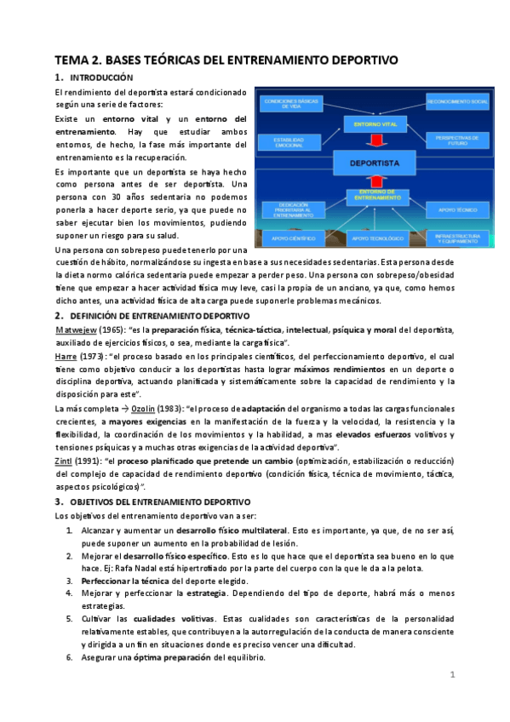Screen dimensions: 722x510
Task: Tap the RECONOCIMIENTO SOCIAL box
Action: click(x=458, y=101)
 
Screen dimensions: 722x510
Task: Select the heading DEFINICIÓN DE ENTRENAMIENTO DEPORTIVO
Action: click(x=147, y=316)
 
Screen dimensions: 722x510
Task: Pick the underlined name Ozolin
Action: click(x=143, y=409)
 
